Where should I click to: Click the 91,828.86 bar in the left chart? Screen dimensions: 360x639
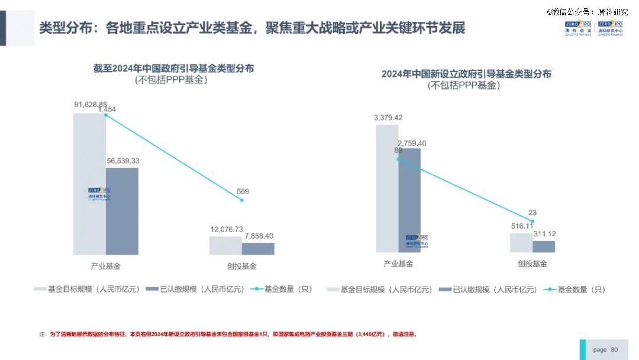click(89, 184)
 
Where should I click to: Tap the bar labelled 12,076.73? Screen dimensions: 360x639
click(225, 245)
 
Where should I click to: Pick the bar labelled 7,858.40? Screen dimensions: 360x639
click(258, 249)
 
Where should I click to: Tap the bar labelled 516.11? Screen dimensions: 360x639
click(521, 242)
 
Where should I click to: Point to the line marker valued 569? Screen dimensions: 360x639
click(242, 200)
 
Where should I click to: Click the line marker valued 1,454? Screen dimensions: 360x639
click(106, 115)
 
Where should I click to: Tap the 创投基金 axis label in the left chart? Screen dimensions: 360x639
click(241, 266)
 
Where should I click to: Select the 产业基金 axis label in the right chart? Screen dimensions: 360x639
click(398, 264)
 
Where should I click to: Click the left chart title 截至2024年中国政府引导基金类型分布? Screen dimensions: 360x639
click(173, 68)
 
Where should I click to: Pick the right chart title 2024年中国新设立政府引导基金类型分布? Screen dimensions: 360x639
click(466, 74)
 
